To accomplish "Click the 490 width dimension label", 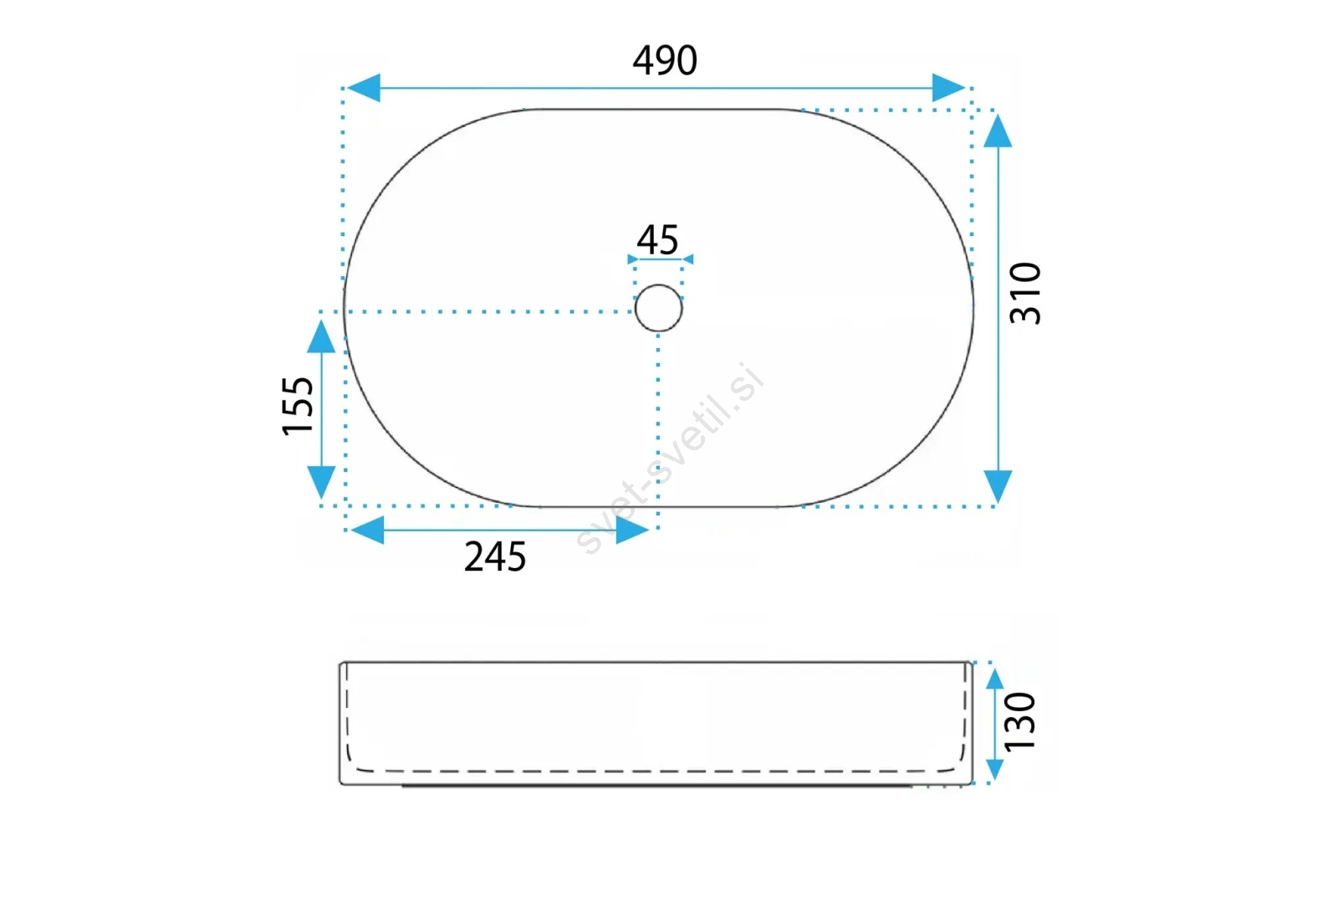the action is pyautogui.click(x=665, y=60).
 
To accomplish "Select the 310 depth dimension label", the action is pyautogui.click(x=1025, y=293).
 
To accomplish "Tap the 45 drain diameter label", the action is pyautogui.click(x=657, y=240).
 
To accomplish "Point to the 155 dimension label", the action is pyautogui.click(x=298, y=406).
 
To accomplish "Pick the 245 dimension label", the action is pyautogui.click(x=495, y=557).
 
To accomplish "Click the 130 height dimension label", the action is pyautogui.click(x=1019, y=721).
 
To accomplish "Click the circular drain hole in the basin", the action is pyautogui.click(x=658, y=309).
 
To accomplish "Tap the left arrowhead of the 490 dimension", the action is pyautogui.click(x=363, y=88).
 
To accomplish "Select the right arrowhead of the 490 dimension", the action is pyautogui.click(x=948, y=88).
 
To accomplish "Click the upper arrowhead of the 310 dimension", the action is pyautogui.click(x=998, y=131).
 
